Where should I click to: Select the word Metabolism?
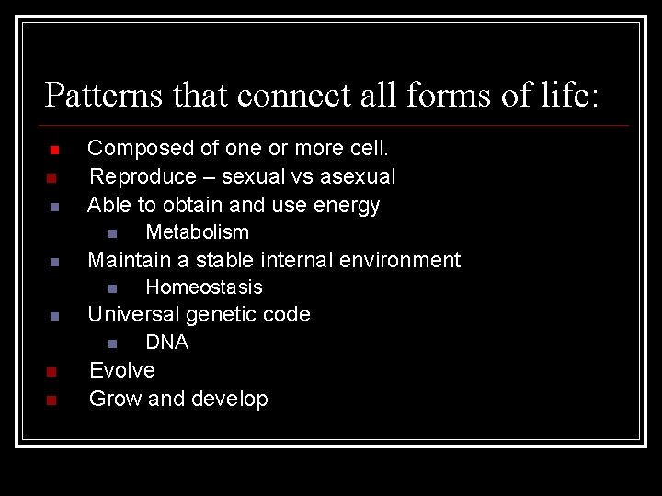click(197, 232)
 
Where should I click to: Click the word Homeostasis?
click(204, 287)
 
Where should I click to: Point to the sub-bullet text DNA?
click(166, 343)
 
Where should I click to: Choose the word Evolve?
click(121, 370)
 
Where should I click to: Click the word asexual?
click(357, 176)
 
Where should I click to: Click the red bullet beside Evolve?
click(52, 372)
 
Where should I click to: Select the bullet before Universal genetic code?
click(53, 317)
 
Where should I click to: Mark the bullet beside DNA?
click(112, 344)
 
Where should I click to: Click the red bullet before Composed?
click(53, 150)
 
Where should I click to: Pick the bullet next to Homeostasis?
click(112, 289)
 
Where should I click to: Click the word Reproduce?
click(143, 176)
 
